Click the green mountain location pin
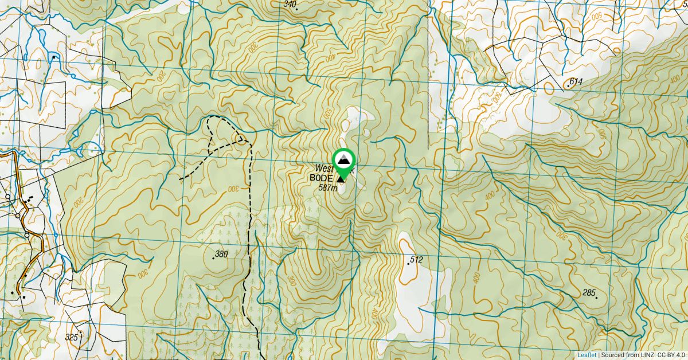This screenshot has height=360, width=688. pyautogui.click(x=343, y=161)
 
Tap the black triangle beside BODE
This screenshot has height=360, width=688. pyautogui.click(x=341, y=179)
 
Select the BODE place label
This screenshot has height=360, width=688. pyautogui.click(x=321, y=178)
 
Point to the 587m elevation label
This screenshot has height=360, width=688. pyautogui.click(x=328, y=188)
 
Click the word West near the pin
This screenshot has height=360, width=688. pyautogui.click(x=324, y=169)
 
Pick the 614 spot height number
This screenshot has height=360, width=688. pyautogui.click(x=576, y=82)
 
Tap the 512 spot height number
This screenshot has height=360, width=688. pyautogui.click(x=417, y=260)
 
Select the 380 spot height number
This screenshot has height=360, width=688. pyautogui.click(x=221, y=254)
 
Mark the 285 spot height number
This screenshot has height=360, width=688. pyautogui.click(x=589, y=293)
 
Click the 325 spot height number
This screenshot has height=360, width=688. pyautogui.click(x=72, y=337)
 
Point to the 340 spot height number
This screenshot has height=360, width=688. pyautogui.click(x=290, y=5)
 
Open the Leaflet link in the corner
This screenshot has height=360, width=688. pyautogui.click(x=587, y=355)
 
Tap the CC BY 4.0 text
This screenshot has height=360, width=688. pyautogui.click(x=671, y=355)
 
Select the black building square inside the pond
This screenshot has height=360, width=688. pyautogui.click(x=53, y=57)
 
